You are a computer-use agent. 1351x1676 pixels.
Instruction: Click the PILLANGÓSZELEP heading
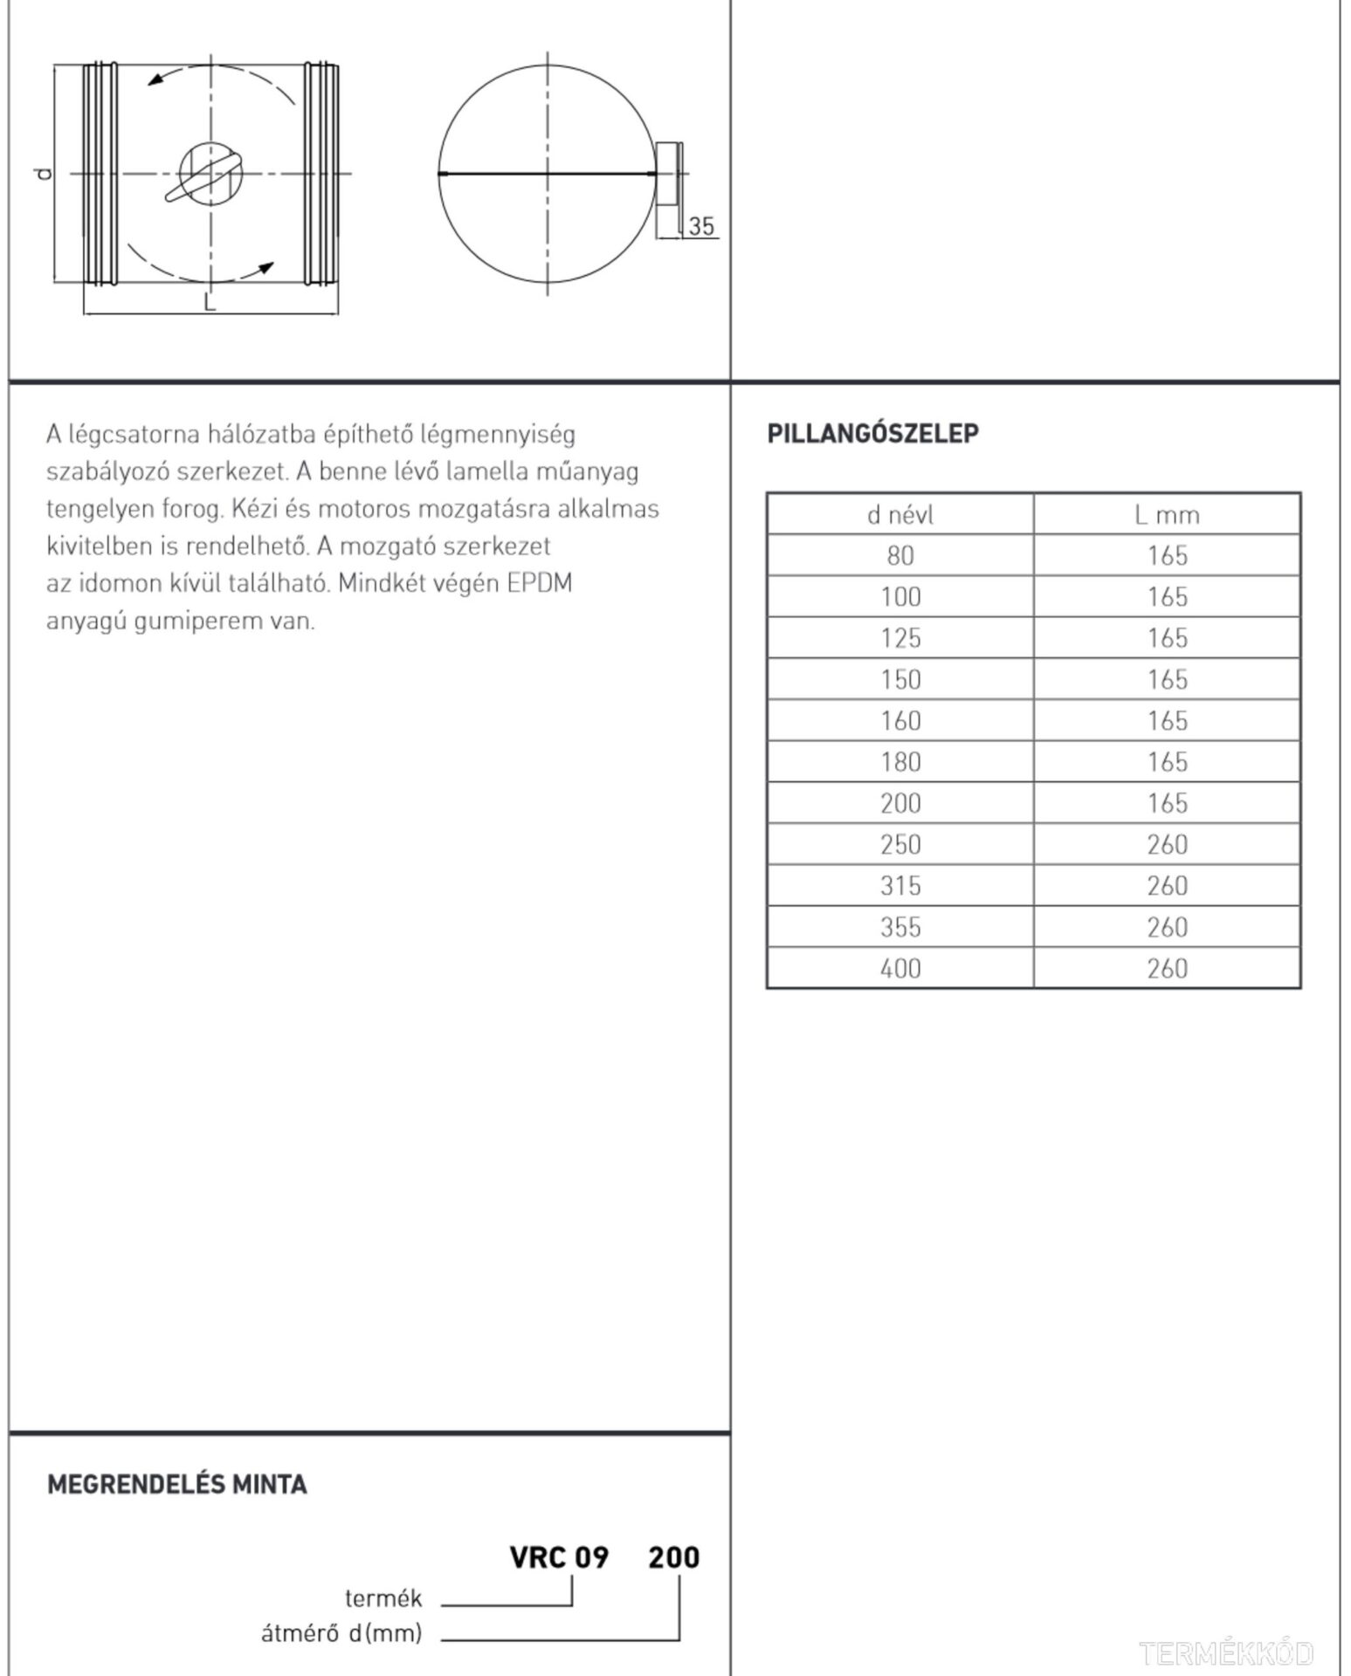pyautogui.click(x=872, y=433)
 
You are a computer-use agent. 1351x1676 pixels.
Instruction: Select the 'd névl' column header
pyautogui.click(x=900, y=515)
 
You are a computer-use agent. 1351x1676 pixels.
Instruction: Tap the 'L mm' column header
pyautogui.click(x=1167, y=515)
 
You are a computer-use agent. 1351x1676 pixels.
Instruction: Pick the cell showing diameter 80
pyautogui.click(x=900, y=555)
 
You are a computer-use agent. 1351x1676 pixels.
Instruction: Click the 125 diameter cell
pyautogui.click(x=900, y=638)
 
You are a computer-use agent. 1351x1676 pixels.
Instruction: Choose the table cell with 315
pyautogui.click(x=900, y=886)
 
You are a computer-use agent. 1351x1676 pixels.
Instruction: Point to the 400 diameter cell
pyautogui.click(x=900, y=968)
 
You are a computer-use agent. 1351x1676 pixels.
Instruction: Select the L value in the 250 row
pyautogui.click(x=1167, y=844)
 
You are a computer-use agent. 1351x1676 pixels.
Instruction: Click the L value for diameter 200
pyautogui.click(x=1167, y=803)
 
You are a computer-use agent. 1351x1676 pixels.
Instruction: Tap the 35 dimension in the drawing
pyautogui.click(x=701, y=226)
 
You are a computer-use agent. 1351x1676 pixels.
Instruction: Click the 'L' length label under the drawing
pyautogui.click(x=210, y=302)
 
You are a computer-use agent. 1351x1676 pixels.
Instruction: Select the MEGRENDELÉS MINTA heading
pyautogui.click(x=176, y=1485)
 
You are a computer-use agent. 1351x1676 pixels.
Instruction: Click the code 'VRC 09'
pyautogui.click(x=559, y=1557)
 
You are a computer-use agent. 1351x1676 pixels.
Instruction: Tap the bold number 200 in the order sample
pyautogui.click(x=673, y=1557)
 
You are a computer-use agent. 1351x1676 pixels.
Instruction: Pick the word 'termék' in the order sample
pyautogui.click(x=383, y=1599)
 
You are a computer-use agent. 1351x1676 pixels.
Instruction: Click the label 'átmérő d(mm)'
pyautogui.click(x=341, y=1632)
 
